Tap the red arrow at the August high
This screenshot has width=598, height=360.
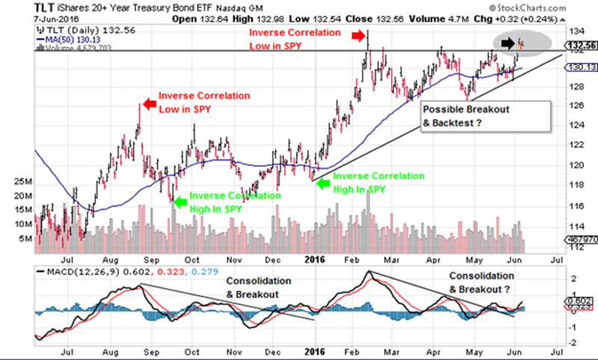point(147,97)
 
